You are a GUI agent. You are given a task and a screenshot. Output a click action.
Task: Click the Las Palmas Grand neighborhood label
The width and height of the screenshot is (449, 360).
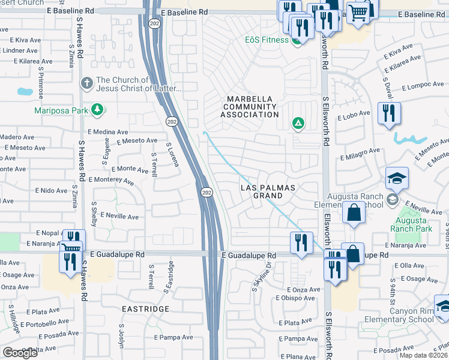tap(268, 191)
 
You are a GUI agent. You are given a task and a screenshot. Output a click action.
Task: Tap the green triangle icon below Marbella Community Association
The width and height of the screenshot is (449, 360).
tap(297, 124)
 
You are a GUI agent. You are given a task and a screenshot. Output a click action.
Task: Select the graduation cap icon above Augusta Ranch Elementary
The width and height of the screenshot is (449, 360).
tap(397, 178)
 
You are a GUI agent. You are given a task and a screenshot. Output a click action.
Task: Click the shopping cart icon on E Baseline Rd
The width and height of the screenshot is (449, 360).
tap(358, 12)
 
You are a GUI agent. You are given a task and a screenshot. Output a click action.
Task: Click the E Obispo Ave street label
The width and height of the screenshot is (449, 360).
tap(295, 298)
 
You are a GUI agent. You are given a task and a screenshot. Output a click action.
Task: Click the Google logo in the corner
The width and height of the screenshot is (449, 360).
tap(20, 353)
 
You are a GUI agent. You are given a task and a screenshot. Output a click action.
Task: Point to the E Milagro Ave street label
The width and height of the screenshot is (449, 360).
tap(360, 154)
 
